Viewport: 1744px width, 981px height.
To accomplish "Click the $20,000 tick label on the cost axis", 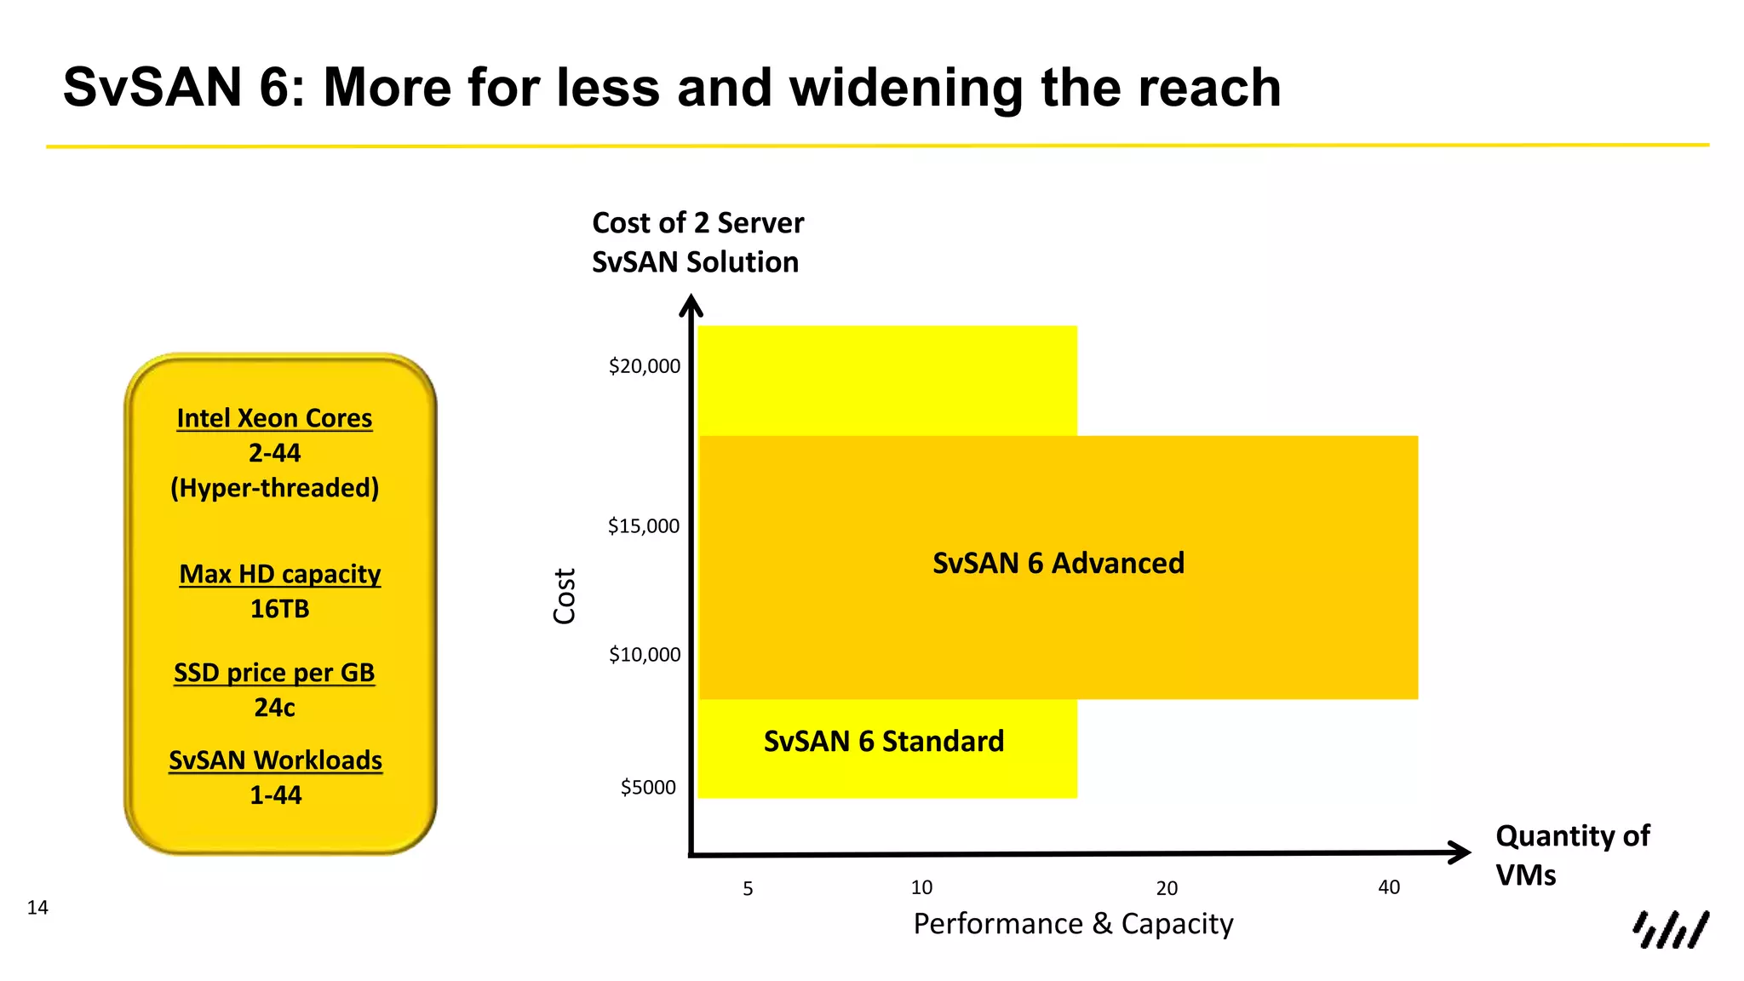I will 644,366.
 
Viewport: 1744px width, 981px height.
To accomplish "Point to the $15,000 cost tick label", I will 643,526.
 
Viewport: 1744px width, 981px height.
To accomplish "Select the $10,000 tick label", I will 644,655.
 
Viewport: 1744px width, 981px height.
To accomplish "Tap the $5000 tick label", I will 648,788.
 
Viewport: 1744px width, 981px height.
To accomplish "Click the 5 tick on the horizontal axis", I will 748,889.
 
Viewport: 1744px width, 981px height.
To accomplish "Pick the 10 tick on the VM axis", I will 921,888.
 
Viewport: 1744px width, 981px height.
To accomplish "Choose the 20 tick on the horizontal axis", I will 1167,889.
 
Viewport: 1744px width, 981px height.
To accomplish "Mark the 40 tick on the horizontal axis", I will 1389,888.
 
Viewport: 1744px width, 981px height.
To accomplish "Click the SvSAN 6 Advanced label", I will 1058,564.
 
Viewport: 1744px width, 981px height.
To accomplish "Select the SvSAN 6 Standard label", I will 883,742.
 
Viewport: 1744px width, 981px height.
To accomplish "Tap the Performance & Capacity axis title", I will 1073,924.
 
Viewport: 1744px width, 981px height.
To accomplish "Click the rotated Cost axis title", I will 565,596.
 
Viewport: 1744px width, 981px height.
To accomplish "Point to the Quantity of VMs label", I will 1571,855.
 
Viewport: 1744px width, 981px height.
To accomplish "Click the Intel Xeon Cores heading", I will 274,418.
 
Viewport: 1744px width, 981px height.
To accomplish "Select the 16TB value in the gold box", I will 279,609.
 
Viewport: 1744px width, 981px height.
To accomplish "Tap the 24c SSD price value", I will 274,708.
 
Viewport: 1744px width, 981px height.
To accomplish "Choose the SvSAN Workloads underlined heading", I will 275,760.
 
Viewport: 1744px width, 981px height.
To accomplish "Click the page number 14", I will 37,908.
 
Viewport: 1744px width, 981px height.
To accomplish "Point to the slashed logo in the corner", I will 1670,929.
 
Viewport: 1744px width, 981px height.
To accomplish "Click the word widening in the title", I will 907,88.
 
